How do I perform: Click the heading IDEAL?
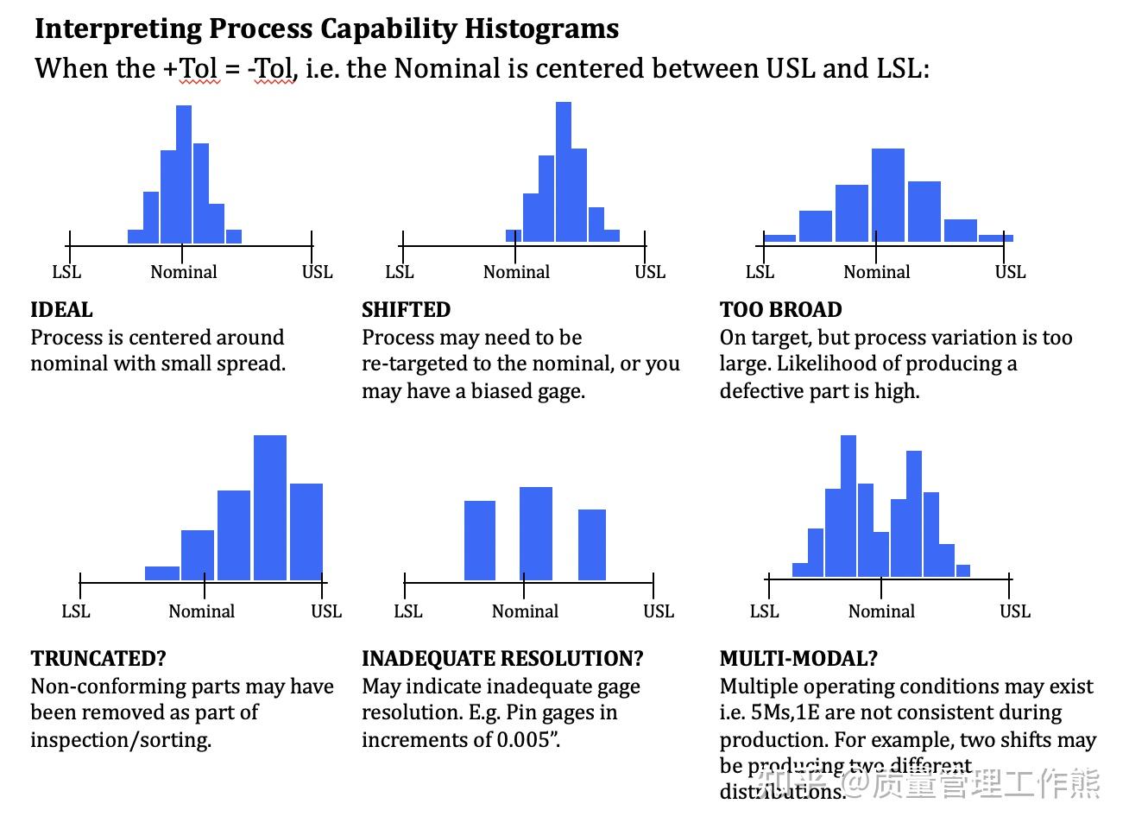tap(61, 310)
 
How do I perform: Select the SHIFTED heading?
tap(406, 310)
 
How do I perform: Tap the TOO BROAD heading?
tap(780, 310)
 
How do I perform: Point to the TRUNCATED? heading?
tap(98, 659)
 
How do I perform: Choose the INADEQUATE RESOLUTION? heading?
tap(502, 659)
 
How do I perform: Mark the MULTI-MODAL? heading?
tap(798, 659)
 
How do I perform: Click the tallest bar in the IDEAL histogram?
tap(184, 173)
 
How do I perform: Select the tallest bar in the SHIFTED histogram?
tap(564, 171)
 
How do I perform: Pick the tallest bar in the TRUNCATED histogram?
tap(270, 507)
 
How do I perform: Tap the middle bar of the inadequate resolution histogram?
tap(536, 533)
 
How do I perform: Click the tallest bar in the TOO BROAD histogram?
tap(888, 194)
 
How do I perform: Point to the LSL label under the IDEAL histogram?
tap(66, 272)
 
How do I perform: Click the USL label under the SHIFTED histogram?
tap(650, 272)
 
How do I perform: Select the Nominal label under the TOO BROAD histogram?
tap(876, 272)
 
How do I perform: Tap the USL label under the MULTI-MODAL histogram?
tap(1015, 611)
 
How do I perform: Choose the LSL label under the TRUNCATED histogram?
tap(76, 611)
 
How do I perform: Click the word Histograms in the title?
tap(541, 28)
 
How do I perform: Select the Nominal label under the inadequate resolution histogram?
tap(525, 611)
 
